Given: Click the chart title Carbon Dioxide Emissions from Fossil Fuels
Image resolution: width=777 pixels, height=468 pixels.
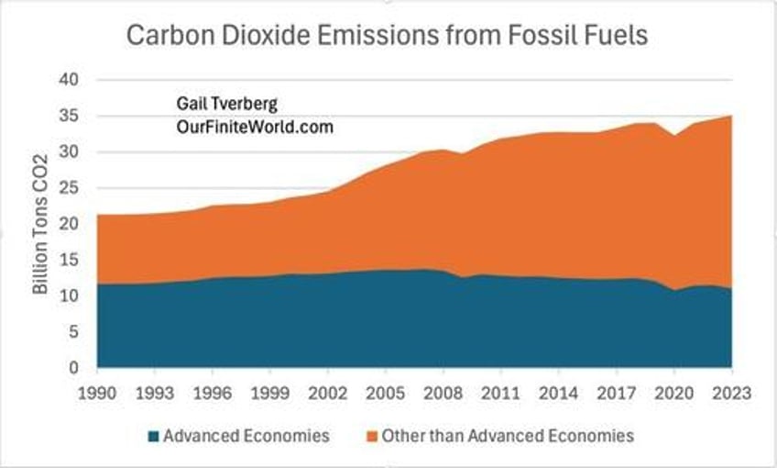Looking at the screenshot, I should [x=388, y=37].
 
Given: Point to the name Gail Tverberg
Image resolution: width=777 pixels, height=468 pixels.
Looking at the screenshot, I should [x=218, y=105].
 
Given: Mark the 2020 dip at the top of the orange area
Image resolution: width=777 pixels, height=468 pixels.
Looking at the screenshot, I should [x=673, y=137].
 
